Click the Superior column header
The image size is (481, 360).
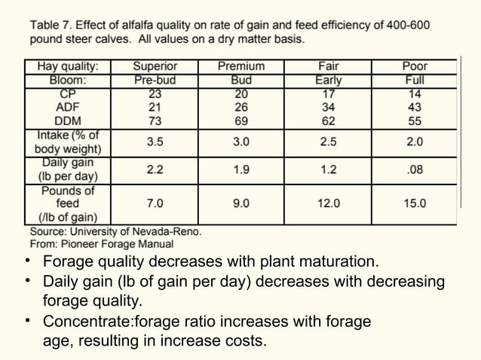155,66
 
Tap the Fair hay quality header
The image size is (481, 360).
328,66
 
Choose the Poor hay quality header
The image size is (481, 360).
415,66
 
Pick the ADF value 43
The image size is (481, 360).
415,107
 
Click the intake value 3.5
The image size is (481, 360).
155,142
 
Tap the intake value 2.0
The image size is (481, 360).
415,142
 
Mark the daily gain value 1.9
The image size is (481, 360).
241,170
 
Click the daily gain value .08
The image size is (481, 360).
415,170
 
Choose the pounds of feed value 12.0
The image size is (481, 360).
328,203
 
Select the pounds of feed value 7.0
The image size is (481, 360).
155,203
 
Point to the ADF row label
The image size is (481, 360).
69,107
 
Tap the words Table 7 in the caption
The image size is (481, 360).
51,25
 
